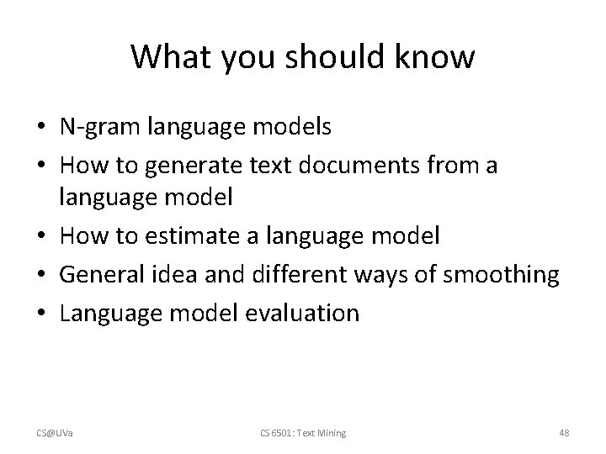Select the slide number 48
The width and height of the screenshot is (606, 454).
[x=564, y=433]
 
